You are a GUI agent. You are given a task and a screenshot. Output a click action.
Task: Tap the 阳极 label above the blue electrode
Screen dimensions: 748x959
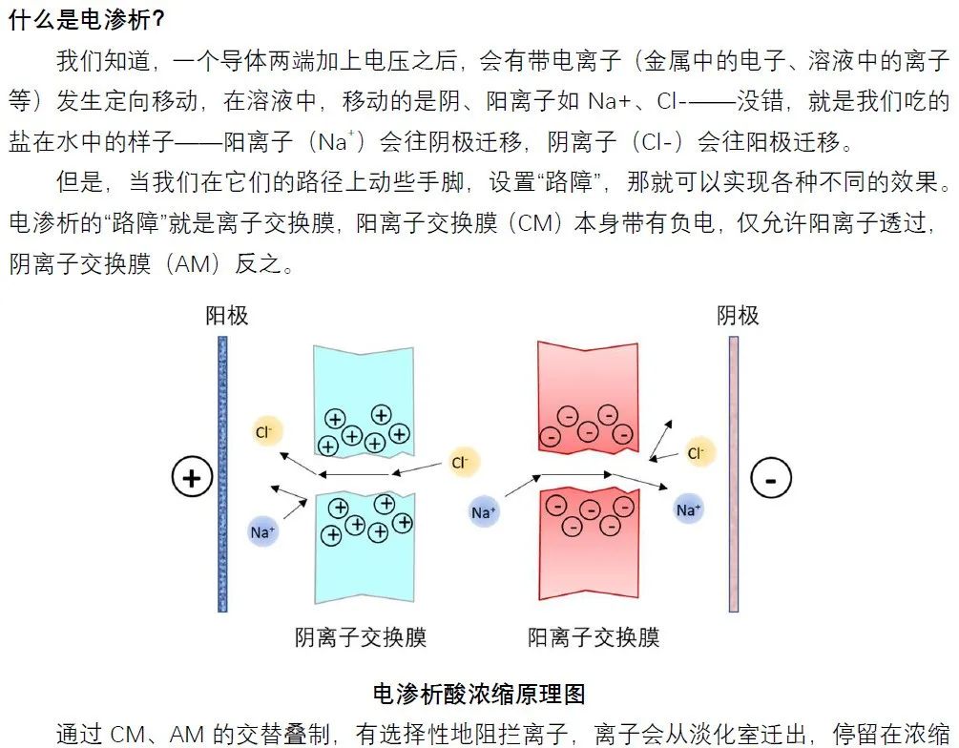pyautogui.click(x=227, y=316)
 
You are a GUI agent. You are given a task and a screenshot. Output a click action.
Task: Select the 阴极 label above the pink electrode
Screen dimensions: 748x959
pyautogui.click(x=738, y=316)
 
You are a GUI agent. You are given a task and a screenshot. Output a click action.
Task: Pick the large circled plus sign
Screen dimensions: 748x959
pyautogui.click(x=192, y=477)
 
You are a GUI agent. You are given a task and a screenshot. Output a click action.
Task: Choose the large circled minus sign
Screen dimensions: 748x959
pyautogui.click(x=771, y=479)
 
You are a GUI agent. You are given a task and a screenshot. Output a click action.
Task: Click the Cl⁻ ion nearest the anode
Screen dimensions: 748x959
pyautogui.click(x=264, y=432)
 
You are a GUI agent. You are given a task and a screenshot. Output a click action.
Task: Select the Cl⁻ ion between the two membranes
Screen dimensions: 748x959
pyautogui.click(x=461, y=463)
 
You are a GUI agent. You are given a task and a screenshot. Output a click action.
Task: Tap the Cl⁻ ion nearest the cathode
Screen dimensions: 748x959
pyautogui.click(x=698, y=452)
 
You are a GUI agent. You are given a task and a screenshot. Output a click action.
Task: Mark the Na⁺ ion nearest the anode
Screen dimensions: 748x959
pyautogui.click(x=262, y=531)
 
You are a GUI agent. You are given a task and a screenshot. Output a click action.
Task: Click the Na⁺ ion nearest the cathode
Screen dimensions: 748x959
pyautogui.click(x=688, y=509)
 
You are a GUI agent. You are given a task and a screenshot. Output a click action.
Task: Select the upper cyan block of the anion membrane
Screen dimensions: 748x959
pyautogui.click(x=363, y=401)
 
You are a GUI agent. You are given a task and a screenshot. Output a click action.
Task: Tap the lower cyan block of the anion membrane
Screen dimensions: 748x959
pyautogui.click(x=363, y=549)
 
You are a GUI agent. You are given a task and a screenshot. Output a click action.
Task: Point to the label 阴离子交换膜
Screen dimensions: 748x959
pyautogui.click(x=361, y=636)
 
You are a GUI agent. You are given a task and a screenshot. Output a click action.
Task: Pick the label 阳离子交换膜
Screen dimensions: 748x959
pyautogui.click(x=594, y=636)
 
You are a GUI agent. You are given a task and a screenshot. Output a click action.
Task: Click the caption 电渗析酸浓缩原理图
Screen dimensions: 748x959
pyautogui.click(x=479, y=693)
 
